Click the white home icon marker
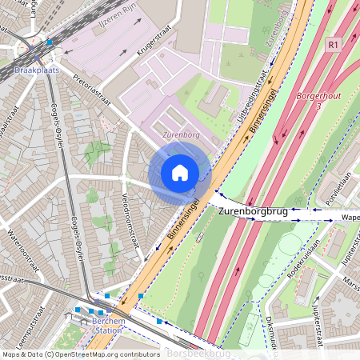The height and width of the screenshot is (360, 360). pyautogui.click(x=180, y=172)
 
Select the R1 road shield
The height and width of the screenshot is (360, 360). pyautogui.click(x=334, y=46)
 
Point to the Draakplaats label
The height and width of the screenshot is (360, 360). pyautogui.click(x=37, y=70)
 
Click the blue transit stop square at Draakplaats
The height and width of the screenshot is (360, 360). pyautogui.click(x=50, y=42)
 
